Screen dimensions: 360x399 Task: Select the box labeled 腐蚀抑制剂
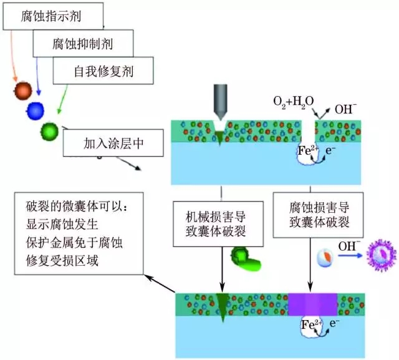(83, 44)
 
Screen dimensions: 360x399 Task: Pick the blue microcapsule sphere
(36, 110)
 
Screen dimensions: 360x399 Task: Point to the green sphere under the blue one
(49, 130)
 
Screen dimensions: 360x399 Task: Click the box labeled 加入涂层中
(113, 145)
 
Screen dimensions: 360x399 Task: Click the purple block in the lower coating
(312, 304)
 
